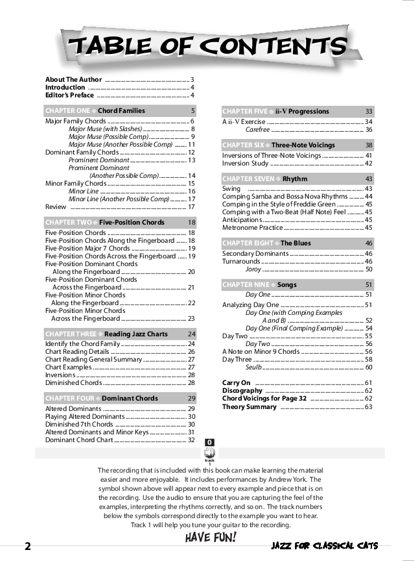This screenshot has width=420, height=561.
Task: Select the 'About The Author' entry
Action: pyautogui.click(x=73, y=79)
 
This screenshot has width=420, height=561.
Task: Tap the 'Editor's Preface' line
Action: pyautogui.click(x=69, y=95)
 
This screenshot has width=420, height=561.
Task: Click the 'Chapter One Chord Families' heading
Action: pyautogui.click(x=120, y=111)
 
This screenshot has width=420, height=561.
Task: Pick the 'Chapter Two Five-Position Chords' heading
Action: pyautogui.click(x=120, y=223)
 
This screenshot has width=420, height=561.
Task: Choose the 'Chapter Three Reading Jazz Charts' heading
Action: pyautogui.click(x=120, y=334)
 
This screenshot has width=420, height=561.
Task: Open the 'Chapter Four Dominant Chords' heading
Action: pyautogui.click(x=120, y=398)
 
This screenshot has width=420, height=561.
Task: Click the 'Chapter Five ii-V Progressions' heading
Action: pyautogui.click(x=297, y=112)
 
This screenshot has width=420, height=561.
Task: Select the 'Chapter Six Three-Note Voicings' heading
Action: pyautogui.click(x=297, y=145)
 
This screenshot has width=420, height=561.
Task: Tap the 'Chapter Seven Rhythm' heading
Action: pyautogui.click(x=297, y=179)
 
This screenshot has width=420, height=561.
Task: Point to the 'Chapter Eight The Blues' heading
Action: pyautogui.click(x=297, y=243)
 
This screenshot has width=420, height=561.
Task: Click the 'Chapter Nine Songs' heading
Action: pyautogui.click(x=297, y=285)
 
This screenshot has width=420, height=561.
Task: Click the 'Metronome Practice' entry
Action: pyautogui.click(x=253, y=228)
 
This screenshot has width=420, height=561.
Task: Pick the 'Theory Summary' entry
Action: pyautogui.click(x=250, y=407)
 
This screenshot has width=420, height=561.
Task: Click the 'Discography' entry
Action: pyautogui.click(x=242, y=391)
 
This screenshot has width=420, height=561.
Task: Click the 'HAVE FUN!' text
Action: pyautogui.click(x=211, y=537)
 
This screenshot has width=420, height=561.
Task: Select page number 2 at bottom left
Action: pyautogui.click(x=27, y=546)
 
